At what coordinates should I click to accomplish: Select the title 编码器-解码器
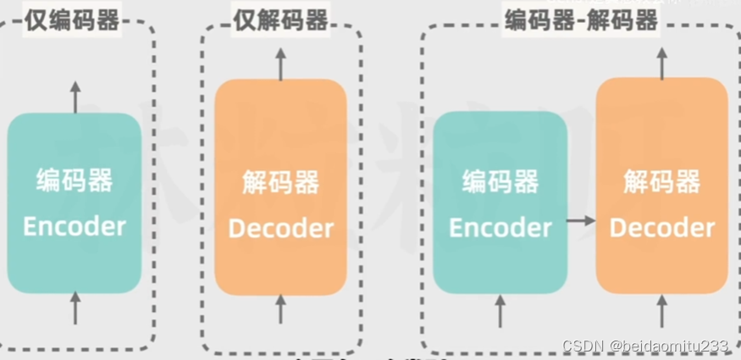[x=580, y=20]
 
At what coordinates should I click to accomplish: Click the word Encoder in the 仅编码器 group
[x=75, y=226]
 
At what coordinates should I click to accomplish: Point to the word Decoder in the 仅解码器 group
[x=281, y=228]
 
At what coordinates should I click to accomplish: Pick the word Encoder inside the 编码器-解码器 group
[x=500, y=228]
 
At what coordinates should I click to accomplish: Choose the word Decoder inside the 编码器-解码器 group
[x=662, y=228]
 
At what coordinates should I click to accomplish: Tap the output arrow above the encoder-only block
[x=75, y=97]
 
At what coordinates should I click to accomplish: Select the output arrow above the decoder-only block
[x=281, y=63]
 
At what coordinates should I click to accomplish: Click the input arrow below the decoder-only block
[x=281, y=309]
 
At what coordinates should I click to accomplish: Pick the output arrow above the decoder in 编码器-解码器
[x=662, y=63]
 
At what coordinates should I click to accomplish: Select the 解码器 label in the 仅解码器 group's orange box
[x=281, y=182]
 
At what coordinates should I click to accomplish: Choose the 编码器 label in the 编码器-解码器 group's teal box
[x=500, y=182]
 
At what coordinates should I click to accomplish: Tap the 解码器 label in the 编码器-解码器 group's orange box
[x=662, y=182]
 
